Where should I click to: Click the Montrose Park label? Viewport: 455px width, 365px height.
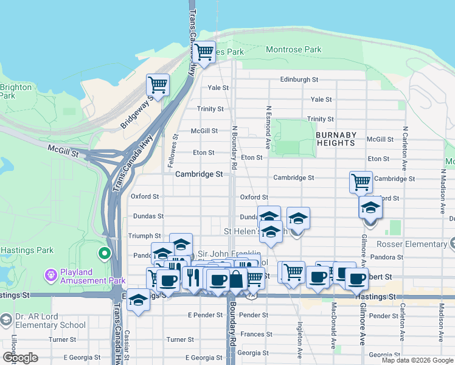[296, 49]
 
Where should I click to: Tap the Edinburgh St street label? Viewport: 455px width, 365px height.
[299, 80]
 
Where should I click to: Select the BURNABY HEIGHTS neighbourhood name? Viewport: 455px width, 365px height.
[336, 139]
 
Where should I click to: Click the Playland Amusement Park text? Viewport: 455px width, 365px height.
[92, 276]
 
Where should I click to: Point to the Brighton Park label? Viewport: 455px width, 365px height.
[16, 91]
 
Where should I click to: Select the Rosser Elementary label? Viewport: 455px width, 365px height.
[419, 244]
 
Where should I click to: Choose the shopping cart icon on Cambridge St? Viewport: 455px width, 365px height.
[361, 181]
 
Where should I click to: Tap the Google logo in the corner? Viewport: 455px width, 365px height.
[20, 358]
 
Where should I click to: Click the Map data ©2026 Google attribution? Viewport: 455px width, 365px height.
[417, 360]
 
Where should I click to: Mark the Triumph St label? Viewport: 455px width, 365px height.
[145, 235]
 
